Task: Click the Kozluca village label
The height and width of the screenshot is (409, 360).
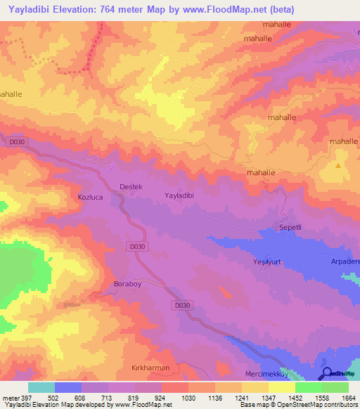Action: click(90, 197)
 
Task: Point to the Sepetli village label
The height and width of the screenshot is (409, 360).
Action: click(286, 228)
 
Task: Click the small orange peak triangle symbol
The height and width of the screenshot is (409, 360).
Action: click(338, 166)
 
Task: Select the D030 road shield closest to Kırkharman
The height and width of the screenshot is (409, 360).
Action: click(182, 304)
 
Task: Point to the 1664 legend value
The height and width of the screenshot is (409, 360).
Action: click(348, 397)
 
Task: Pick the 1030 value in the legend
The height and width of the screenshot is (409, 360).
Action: click(188, 397)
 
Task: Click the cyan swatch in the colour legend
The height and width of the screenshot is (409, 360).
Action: click(41, 387)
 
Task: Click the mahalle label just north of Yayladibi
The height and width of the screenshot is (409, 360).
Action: click(259, 172)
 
